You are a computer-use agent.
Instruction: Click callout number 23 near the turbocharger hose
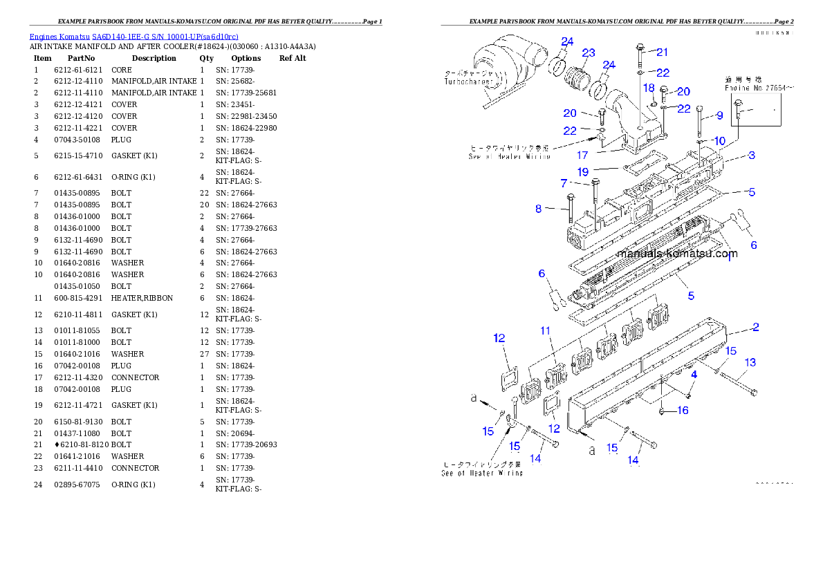(x=588, y=53)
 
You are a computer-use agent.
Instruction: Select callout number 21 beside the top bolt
(x=662, y=52)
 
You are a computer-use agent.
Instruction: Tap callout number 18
(x=648, y=88)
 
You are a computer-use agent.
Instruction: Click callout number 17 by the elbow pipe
(x=582, y=156)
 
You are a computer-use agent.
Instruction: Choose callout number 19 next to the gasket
(x=582, y=171)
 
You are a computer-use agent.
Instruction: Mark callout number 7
(x=564, y=183)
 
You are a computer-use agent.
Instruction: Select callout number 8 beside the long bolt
(x=538, y=208)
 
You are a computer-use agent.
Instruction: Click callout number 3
(x=751, y=156)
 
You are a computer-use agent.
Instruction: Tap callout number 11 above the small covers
(x=546, y=331)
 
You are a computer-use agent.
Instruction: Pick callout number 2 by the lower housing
(x=756, y=327)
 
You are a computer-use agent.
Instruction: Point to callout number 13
(x=750, y=362)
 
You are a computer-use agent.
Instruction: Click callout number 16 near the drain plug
(x=683, y=411)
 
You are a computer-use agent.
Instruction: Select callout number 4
(x=694, y=374)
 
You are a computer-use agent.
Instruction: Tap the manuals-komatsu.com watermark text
(x=676, y=253)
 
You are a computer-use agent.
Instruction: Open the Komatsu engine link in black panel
(x=133, y=37)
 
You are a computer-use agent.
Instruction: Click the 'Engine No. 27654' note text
(x=759, y=88)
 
